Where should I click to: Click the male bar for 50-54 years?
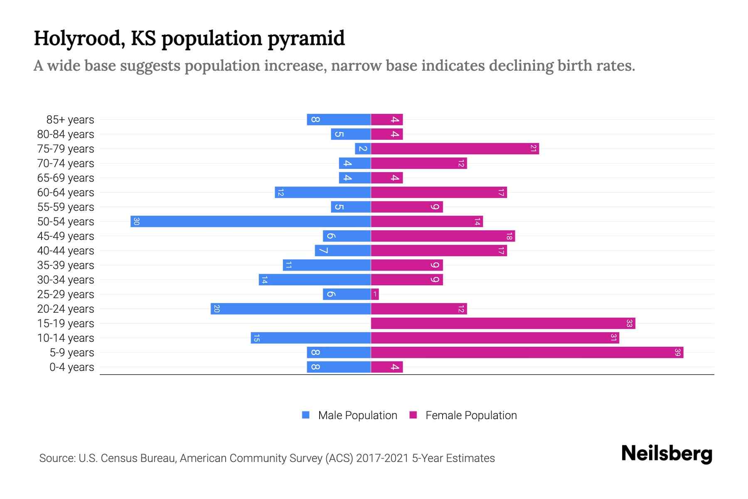pyautogui.click(x=251, y=222)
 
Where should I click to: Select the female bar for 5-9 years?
pyautogui.click(x=527, y=353)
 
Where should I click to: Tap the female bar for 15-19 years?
pyautogui.click(x=503, y=324)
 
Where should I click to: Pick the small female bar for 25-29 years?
pyautogui.click(x=375, y=294)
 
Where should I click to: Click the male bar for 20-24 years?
pyautogui.click(x=290, y=309)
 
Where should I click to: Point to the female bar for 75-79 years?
pyautogui.click(x=455, y=149)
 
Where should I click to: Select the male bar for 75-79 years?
pyautogui.click(x=363, y=149)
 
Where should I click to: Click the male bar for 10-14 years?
pyautogui.click(x=310, y=338)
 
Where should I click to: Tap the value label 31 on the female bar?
pyautogui.click(x=613, y=338)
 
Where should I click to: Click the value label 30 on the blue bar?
pyautogui.click(x=136, y=222)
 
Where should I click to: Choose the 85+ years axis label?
pyautogui.click(x=70, y=120)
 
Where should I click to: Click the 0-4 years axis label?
pyautogui.click(x=71, y=367)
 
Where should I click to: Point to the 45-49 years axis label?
pyautogui.click(x=66, y=236)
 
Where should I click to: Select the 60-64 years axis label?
pyautogui.click(x=66, y=193)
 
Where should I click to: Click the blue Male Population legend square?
pyautogui.click(x=306, y=415)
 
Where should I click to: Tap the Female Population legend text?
pyautogui.click(x=471, y=415)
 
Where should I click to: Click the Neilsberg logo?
pyautogui.click(x=667, y=454)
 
